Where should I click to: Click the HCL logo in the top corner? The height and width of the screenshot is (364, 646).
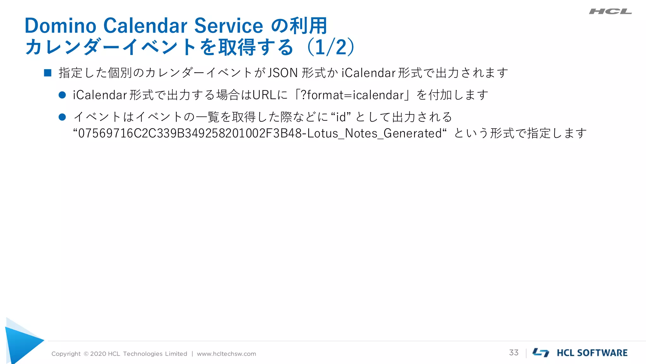point(610,11)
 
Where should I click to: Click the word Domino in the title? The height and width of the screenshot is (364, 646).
point(60,26)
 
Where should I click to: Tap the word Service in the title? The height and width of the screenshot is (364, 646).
point(228,26)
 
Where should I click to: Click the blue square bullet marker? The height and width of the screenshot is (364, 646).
point(48,73)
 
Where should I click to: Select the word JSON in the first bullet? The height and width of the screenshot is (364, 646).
point(283,73)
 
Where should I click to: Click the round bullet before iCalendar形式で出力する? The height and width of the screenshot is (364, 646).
point(62,95)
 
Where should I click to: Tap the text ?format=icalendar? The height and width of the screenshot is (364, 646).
point(352,95)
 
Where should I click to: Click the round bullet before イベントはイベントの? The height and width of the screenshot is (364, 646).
point(62,117)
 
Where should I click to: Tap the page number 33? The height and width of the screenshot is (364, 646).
point(514,353)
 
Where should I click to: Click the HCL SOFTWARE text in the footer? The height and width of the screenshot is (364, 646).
point(592,353)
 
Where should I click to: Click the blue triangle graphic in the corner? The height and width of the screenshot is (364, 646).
point(22,343)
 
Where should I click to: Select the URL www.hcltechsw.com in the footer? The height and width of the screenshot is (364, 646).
point(226,354)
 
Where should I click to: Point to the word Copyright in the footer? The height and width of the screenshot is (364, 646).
point(66,354)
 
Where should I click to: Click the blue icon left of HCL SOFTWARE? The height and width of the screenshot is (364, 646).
point(541,353)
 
